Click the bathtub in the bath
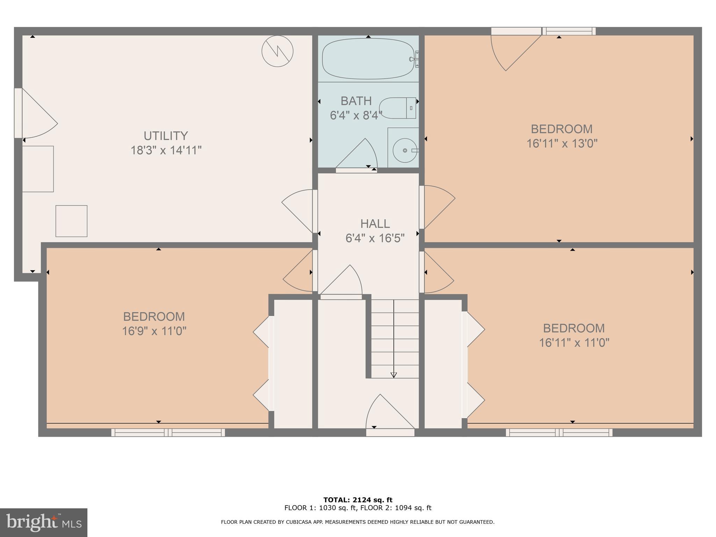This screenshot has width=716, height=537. coord(368,58)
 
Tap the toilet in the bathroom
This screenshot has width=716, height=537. coord(398,108)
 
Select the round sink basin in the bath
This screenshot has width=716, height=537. coord(405,150)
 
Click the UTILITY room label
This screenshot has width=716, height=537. coord(166,136)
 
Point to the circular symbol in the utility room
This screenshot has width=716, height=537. coord(277,51)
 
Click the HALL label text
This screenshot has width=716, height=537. coord(375,223)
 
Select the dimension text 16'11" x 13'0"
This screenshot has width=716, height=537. coord(562,144)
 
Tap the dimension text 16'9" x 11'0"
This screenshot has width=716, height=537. coord(154,331)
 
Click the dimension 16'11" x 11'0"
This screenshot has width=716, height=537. coord(574,343)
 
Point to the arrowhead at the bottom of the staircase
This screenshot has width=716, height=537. coord(394,375)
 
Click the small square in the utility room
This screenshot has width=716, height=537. coord(71,221)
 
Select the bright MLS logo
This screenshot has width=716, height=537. coord(43,523)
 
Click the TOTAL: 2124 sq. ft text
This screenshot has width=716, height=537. coord(358,500)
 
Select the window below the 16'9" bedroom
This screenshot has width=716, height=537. coord(168,433)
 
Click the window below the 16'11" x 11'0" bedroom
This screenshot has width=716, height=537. coord(559,433)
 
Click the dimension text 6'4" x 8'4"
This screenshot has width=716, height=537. coord(356,115)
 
